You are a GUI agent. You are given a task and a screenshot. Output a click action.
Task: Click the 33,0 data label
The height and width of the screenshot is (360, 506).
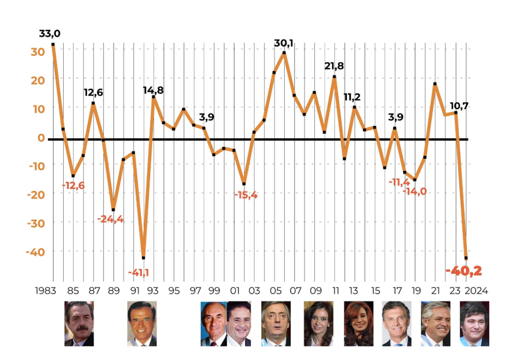pos(49,34)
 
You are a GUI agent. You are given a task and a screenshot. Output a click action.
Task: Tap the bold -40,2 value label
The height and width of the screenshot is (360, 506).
pos(463,271)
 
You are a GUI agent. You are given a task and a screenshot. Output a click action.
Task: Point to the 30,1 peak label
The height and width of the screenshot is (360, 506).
pos(284,43)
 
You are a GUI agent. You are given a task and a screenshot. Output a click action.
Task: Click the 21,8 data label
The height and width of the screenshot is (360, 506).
pos(335,66)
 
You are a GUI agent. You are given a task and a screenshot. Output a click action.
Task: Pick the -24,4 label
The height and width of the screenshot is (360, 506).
pos(111,219)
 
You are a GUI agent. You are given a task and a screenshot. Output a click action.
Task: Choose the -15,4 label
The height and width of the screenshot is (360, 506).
pos(246,195)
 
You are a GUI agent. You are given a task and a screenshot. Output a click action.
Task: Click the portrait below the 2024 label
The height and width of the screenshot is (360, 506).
pos(474,323)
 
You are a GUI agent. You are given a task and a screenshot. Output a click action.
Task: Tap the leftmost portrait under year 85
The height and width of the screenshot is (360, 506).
pos(79,323)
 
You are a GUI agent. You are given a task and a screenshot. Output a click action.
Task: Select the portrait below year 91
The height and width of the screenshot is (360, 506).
pos(142,323)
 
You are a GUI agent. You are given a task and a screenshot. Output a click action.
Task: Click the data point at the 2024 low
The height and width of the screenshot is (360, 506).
pos(466,258)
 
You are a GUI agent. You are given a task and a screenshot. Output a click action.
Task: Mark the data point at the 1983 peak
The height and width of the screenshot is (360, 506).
pos(53,44)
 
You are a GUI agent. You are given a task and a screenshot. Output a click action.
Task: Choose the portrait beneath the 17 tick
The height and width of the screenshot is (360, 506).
pos(396,323)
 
